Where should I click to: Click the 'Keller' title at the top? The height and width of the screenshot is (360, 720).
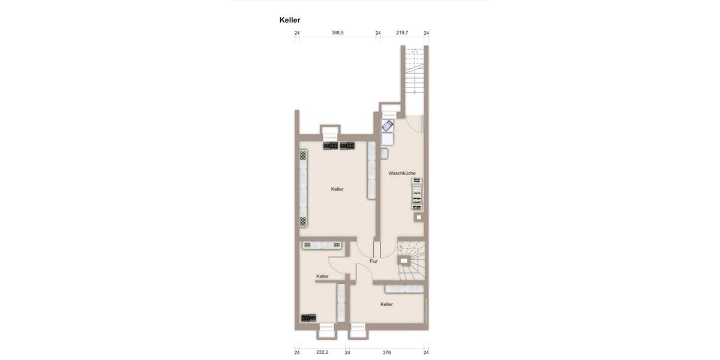coord(290,20)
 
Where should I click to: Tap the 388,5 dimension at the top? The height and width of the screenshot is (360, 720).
coord(338,33)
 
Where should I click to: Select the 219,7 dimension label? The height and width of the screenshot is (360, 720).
coord(402,33)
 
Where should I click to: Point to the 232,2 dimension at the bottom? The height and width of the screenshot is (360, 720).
coord(322,352)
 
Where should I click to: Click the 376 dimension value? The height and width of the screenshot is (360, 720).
coord(387,352)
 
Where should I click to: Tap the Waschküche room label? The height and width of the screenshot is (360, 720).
coord(402,173)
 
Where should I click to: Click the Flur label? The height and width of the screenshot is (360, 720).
coord(374,261)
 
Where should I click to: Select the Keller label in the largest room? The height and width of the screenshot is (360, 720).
coord(337,189)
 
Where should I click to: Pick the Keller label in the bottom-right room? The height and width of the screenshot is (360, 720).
coord(387,304)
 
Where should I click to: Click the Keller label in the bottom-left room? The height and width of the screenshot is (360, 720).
coord(323,277)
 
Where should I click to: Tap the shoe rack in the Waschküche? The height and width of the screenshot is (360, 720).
coord(417,194)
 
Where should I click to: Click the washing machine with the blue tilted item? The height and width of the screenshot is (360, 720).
coord(388,126)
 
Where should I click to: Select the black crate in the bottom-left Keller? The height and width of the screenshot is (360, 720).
coord(308,318)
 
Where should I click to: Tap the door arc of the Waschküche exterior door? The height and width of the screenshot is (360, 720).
coord(414,124)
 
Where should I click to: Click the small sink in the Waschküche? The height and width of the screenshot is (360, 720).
coord(384,154)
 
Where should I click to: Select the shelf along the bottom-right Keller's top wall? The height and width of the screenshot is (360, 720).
coord(404,289)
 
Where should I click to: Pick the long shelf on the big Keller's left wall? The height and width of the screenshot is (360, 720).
coord(304,188)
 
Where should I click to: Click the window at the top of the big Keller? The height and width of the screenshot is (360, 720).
coord(330,130)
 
